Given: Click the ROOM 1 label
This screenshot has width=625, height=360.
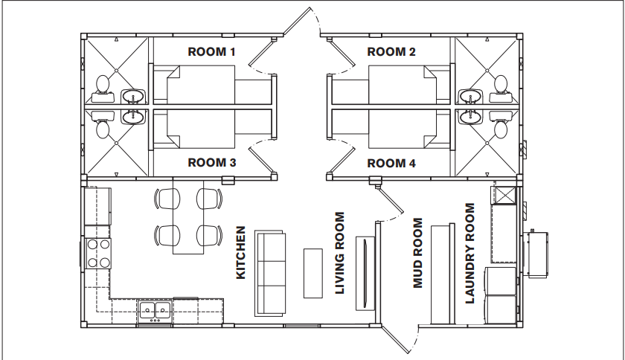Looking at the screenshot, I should tap(211, 52).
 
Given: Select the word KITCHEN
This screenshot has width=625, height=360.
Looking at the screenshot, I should tap(241, 253).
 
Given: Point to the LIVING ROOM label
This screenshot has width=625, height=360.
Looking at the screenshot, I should tap(340, 253).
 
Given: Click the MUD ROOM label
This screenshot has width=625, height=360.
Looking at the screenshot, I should tap(417, 253).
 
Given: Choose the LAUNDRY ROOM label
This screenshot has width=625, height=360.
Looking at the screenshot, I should tap(469, 253).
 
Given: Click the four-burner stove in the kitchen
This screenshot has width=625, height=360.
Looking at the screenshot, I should tap(99, 252).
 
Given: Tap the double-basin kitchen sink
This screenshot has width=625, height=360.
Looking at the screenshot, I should tap(155, 311).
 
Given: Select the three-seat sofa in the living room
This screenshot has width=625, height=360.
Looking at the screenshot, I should tap(271, 272).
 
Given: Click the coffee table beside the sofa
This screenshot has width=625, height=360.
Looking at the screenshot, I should tap(311, 272).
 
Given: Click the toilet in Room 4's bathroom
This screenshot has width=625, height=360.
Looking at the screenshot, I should tap(499, 129).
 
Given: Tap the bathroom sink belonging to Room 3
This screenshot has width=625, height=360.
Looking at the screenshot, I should tap(134, 117).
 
